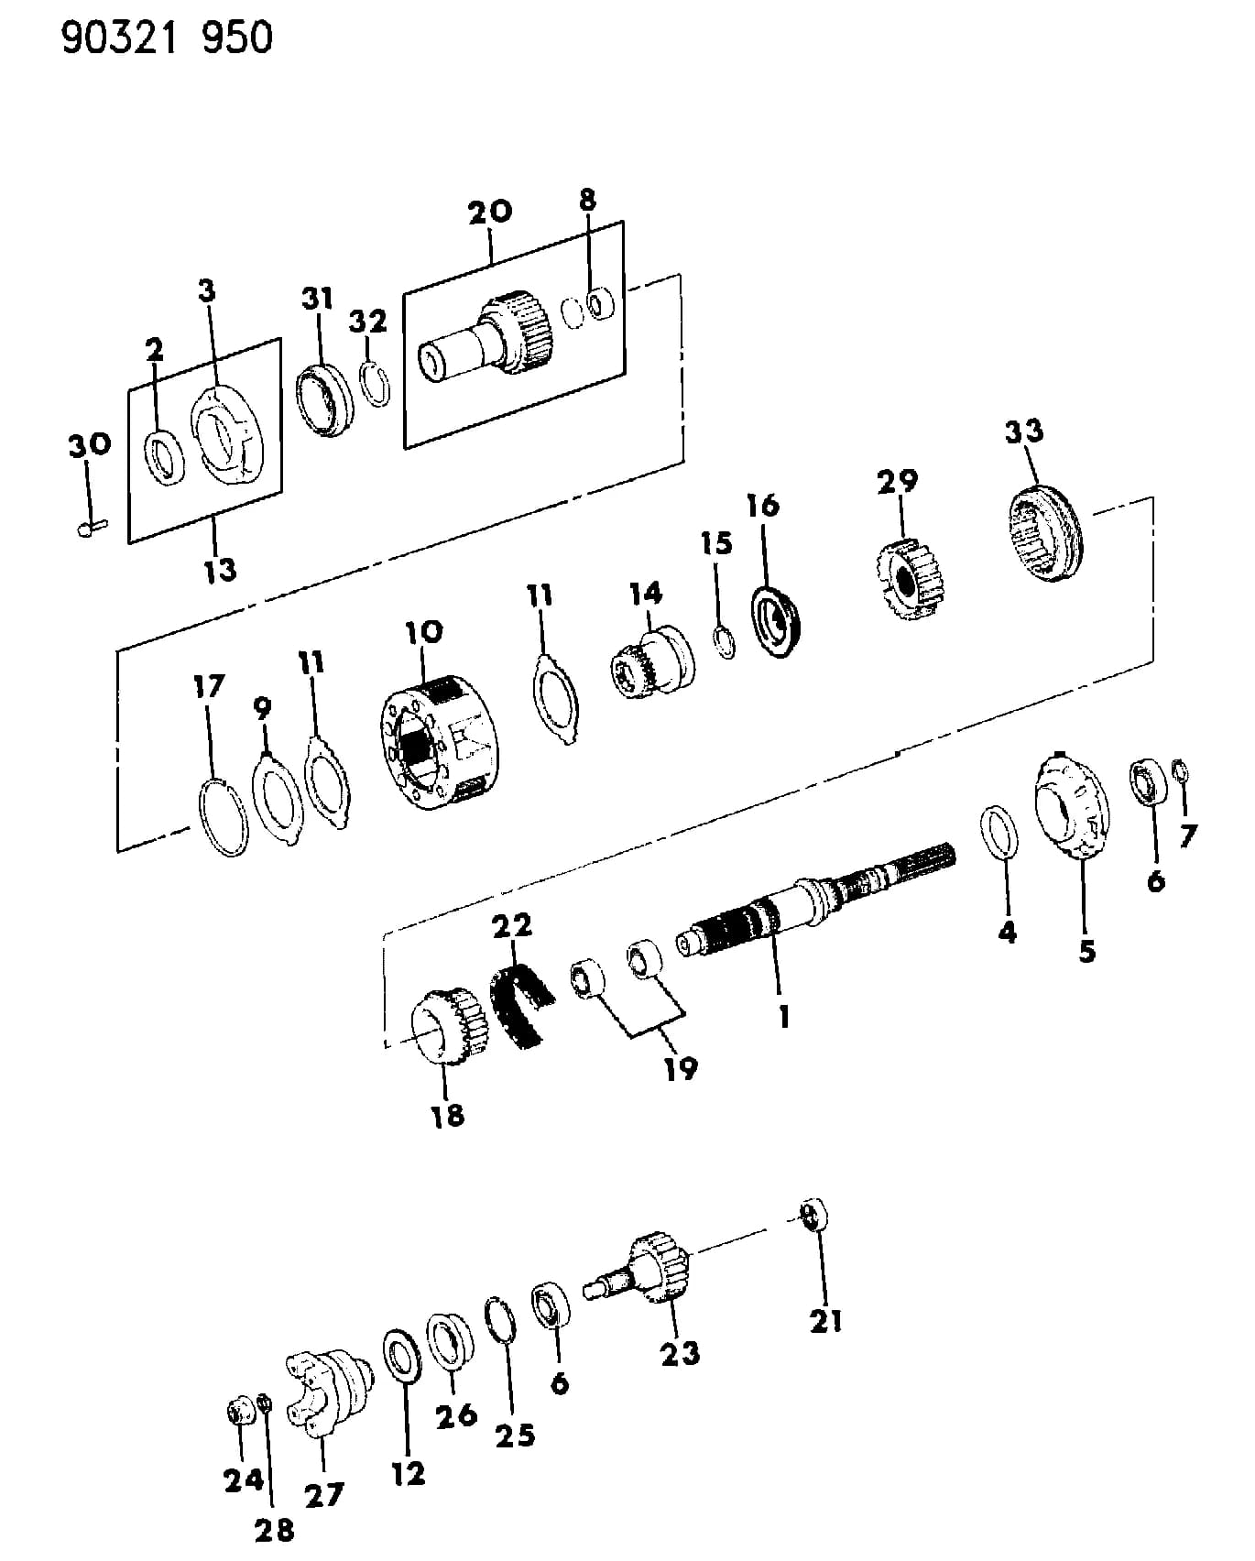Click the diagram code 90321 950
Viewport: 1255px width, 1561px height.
168,38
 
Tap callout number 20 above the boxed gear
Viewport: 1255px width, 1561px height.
490,212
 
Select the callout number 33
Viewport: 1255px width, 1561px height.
1024,431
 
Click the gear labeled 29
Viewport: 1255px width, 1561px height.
908,581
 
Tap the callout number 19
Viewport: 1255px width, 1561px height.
681,1068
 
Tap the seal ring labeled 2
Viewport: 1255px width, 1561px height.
166,458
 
